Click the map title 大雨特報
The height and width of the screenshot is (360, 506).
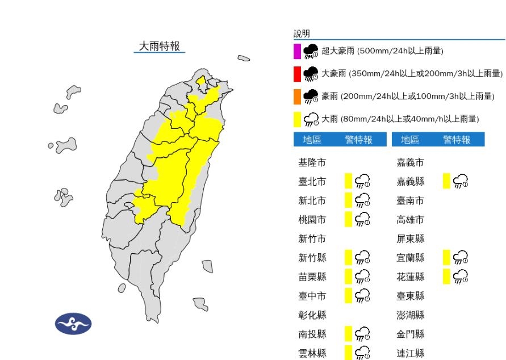click(160, 47)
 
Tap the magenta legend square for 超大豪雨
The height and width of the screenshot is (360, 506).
click(297, 51)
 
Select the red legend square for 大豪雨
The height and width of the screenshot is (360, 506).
click(297, 74)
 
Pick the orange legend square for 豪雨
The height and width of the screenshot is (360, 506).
click(297, 97)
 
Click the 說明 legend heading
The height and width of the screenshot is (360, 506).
click(302, 34)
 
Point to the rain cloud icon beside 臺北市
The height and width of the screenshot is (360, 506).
click(362, 182)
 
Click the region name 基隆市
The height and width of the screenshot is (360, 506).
click(312, 163)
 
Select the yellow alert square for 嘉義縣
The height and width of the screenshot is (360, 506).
click(447, 182)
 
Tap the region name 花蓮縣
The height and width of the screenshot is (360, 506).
click(410, 277)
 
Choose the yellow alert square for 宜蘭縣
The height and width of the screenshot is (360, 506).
click(447, 257)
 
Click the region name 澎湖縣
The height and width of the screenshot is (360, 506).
click(410, 315)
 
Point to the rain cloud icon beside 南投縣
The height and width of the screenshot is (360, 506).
click(362, 334)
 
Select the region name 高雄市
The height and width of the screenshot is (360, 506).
click(410, 220)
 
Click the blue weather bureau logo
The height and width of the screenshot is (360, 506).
click(73, 324)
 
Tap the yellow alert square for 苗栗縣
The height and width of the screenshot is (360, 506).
click(349, 277)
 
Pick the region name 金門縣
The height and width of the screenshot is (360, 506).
click(410, 334)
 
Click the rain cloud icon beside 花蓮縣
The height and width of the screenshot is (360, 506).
click(461, 277)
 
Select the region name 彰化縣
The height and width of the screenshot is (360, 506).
click(312, 315)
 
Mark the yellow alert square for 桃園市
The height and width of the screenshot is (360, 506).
click(349, 220)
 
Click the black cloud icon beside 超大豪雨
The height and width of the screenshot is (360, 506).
click(311, 51)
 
